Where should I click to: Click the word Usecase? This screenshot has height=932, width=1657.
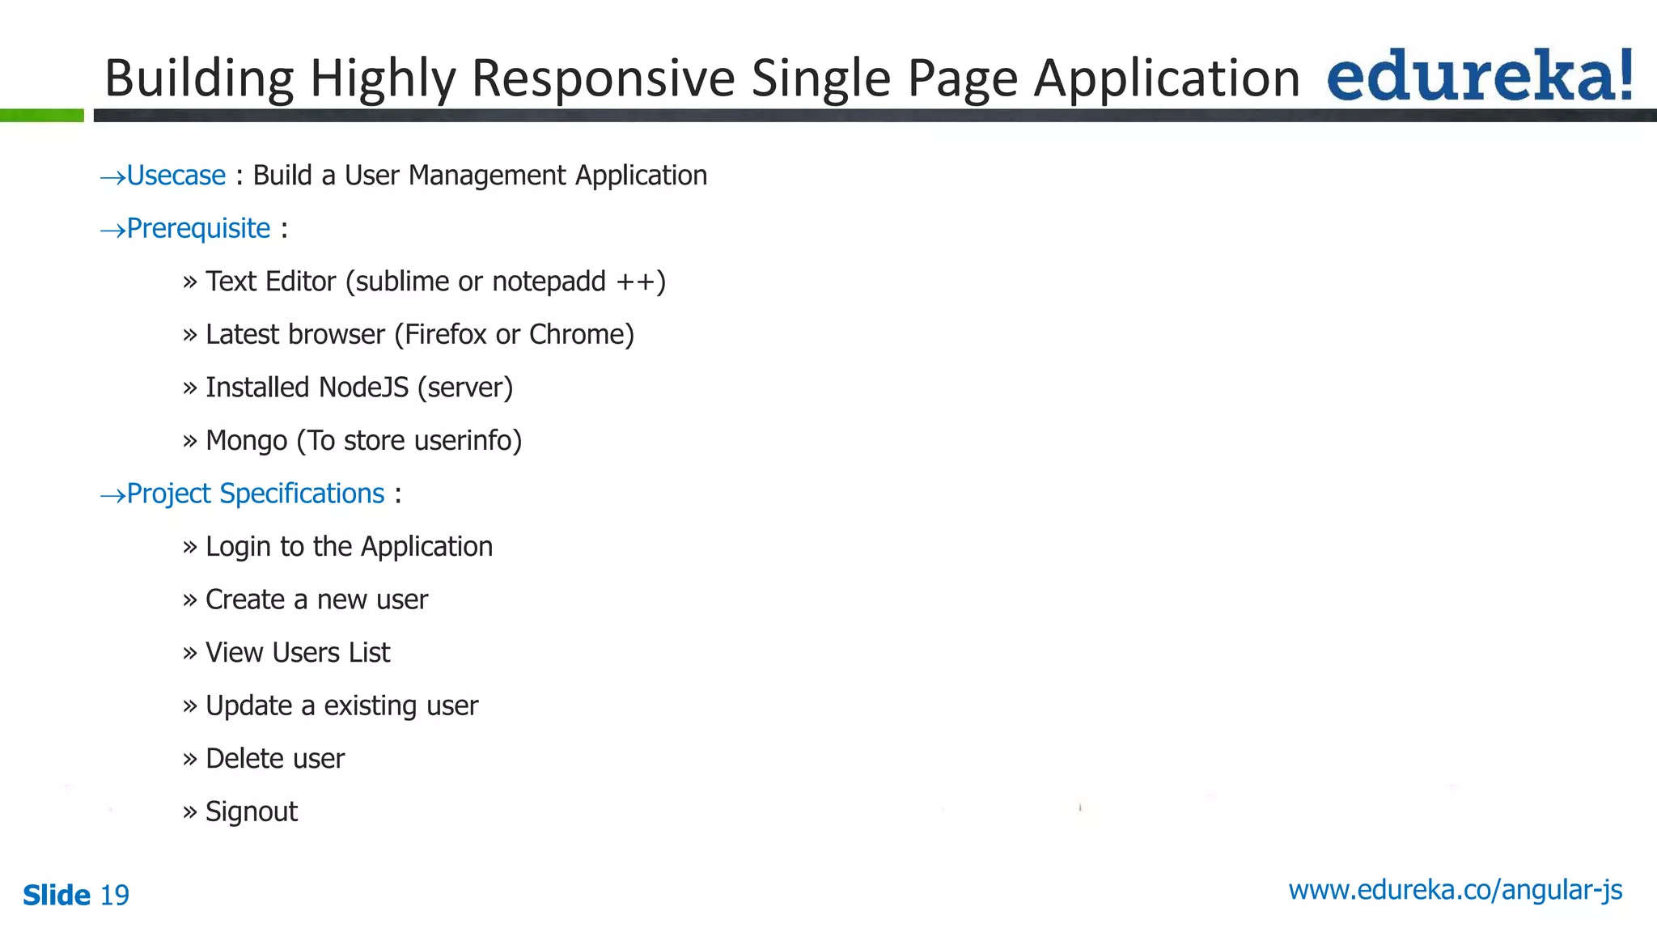[176, 176]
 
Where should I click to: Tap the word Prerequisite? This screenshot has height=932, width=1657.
[198, 229]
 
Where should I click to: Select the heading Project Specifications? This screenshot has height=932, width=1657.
[256, 494]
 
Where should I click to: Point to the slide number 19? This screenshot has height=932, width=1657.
[114, 896]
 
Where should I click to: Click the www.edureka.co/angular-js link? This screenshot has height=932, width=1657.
[1455, 890]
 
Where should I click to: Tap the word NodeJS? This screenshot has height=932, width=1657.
[364, 388]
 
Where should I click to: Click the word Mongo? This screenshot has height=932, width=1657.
[247, 441]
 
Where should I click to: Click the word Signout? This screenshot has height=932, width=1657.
[252, 811]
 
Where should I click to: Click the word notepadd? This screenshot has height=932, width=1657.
[549, 282]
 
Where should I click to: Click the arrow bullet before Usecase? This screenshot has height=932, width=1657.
[112, 177]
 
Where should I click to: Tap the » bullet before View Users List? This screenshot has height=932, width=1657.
[190, 653]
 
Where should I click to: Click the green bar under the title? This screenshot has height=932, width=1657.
[42, 116]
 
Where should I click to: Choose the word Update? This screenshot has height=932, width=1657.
[249, 706]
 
